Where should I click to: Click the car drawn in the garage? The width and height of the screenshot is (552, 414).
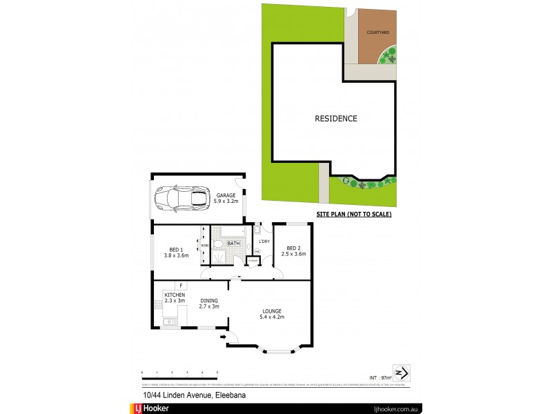181,198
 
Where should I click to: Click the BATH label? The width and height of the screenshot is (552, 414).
233,244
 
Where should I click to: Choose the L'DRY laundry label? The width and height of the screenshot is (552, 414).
263,241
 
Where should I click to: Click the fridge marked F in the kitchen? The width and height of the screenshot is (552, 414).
180,285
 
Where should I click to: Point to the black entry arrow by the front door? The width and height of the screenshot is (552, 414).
223,337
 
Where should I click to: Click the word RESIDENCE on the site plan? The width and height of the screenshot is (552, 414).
336,118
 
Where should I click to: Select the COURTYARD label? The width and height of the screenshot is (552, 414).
378,32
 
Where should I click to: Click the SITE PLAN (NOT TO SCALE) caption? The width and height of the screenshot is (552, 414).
353,215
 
